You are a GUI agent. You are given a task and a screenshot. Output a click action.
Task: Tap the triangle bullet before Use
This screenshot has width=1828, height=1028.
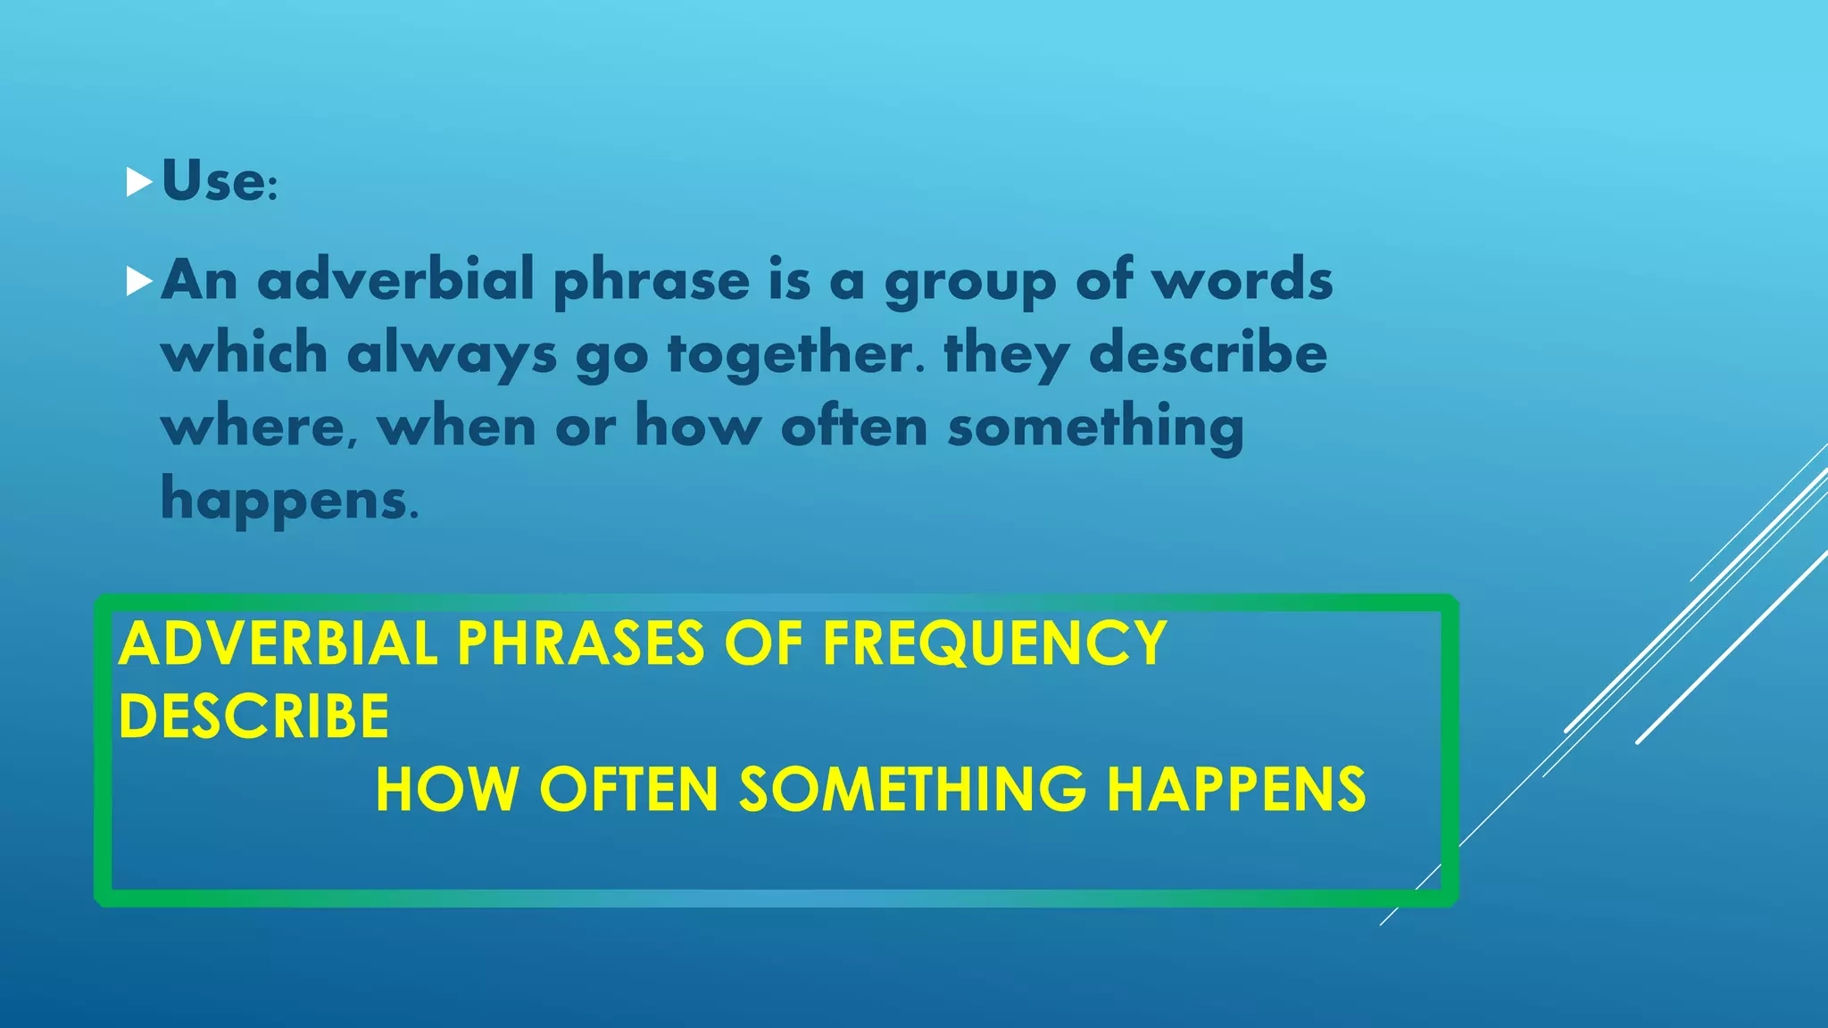pos(139,182)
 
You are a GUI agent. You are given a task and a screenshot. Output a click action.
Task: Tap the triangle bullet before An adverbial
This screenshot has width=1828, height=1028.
pos(139,281)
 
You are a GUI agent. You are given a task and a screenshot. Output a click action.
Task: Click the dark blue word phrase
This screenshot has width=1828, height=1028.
pos(652,282)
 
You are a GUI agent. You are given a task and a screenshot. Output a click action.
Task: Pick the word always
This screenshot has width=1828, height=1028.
pos(452,354)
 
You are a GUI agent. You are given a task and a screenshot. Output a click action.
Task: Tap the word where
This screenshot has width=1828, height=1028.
pos(254,427)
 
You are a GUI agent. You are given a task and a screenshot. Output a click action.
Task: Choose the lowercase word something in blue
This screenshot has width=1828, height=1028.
pos(1095,427)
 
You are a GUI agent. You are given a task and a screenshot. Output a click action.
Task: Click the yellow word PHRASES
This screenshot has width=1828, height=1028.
pos(581,643)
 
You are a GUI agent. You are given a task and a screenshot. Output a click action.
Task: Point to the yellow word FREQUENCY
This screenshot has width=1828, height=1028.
pos(994,643)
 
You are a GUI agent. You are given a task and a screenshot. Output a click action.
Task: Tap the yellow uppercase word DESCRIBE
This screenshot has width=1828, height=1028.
pos(254,717)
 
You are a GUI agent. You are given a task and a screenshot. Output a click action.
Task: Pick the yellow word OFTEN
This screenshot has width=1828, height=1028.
pos(629,790)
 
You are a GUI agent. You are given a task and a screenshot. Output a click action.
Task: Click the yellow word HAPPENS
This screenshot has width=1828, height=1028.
pos(1236,790)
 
